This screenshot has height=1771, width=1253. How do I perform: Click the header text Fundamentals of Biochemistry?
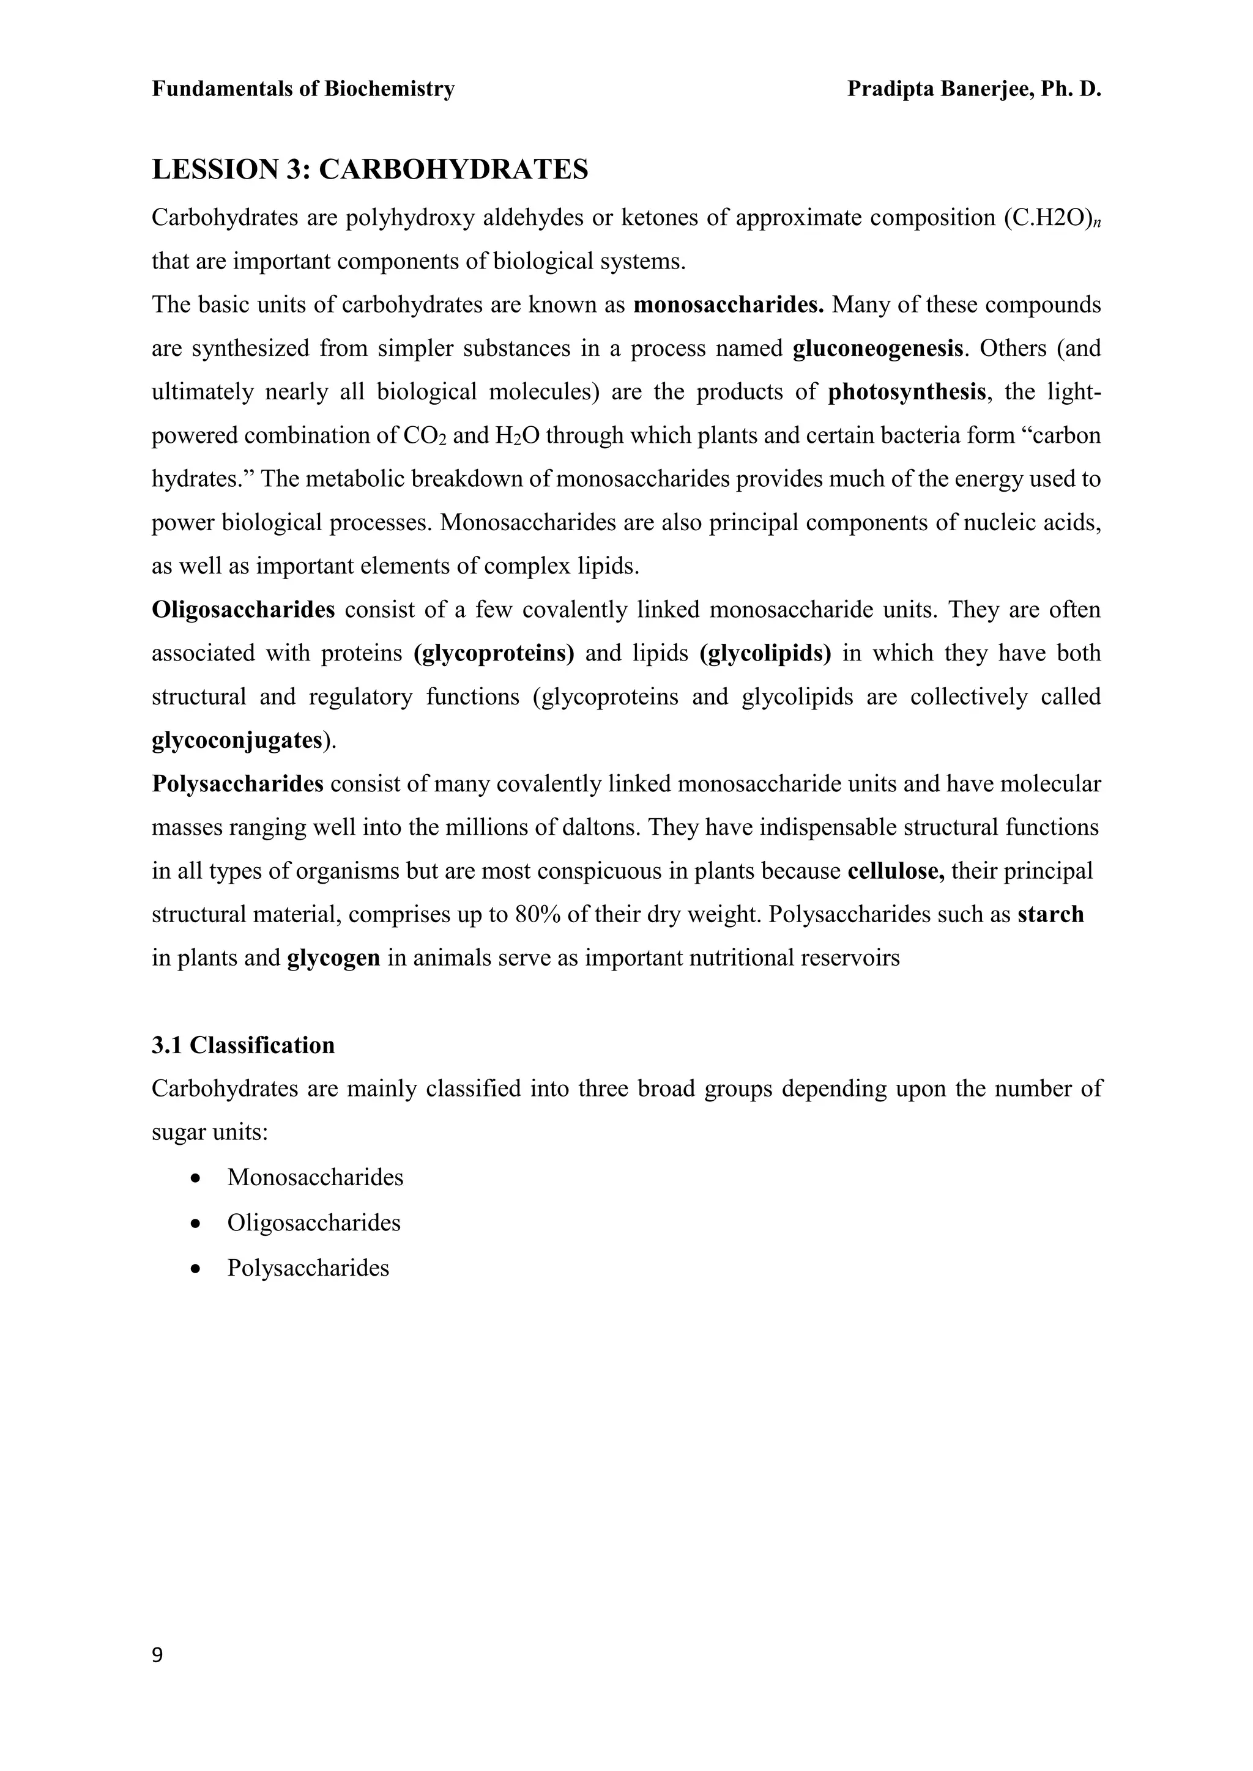(x=303, y=89)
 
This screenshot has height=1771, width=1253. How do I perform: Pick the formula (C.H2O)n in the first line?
(x=1052, y=218)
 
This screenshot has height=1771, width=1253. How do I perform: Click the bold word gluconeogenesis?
(x=878, y=349)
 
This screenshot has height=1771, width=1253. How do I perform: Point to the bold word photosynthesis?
(x=907, y=392)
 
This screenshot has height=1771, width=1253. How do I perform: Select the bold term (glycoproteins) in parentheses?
(x=494, y=653)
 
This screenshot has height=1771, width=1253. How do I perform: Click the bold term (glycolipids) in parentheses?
(x=765, y=653)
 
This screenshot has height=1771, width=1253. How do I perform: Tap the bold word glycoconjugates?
(x=237, y=741)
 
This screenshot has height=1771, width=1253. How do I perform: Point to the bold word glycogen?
(x=333, y=958)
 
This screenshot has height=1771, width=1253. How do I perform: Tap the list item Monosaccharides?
(x=315, y=1177)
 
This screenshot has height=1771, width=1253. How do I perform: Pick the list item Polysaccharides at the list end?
(x=308, y=1268)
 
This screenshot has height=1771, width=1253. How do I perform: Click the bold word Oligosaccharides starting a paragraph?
(x=243, y=610)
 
